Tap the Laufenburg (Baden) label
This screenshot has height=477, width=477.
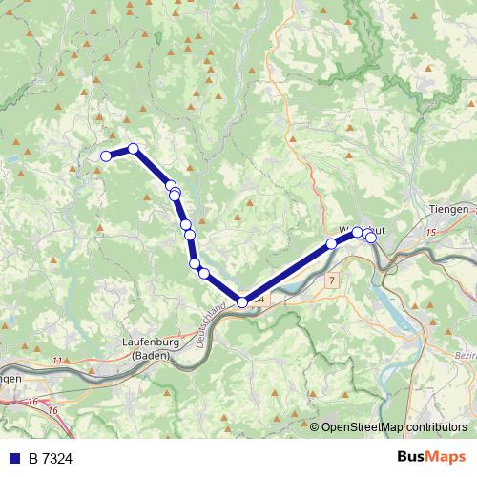pos(147,349)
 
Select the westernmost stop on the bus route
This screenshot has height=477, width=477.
pos(106,156)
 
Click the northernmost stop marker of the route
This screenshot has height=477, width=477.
pos(134,148)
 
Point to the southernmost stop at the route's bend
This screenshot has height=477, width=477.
pos(242,302)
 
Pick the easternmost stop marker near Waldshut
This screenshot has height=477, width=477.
pos(371,238)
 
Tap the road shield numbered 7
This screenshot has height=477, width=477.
pos(331,280)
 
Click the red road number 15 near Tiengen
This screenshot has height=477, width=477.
pos(430,232)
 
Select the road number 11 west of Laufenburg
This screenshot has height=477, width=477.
pos(57,361)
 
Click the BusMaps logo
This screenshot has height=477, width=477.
pos(432,458)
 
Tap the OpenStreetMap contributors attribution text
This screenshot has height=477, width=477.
pos(394,426)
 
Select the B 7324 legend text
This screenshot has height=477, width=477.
pos(50,459)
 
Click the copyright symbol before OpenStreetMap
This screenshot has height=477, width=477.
pos(315,426)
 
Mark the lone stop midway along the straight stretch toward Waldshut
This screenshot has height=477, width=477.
pos(332,243)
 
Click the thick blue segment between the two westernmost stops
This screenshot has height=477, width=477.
pos(120,152)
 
